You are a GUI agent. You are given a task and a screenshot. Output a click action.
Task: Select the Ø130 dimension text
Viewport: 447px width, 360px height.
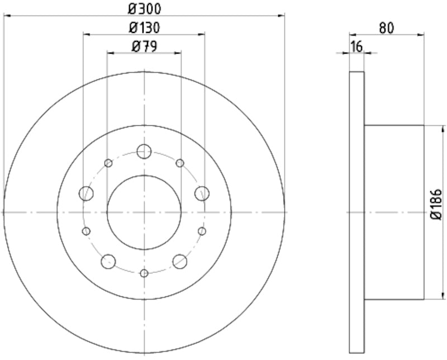coord(144,27)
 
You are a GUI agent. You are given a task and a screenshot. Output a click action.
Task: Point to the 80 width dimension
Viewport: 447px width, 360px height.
coord(387,27)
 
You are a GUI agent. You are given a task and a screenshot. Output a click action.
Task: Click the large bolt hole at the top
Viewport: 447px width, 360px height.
coord(144,151)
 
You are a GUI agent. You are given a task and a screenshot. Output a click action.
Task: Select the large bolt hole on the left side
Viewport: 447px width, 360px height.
coord(86,193)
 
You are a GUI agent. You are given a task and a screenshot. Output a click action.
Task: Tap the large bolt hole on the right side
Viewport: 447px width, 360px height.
coord(202,193)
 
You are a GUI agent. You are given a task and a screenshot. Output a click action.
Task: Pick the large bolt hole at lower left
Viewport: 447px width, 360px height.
coord(108,261)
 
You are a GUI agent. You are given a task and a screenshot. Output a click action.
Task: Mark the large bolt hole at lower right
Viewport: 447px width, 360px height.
coord(180,261)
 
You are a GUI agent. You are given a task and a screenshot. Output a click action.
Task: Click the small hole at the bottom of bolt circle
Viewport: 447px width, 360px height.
coord(144,273)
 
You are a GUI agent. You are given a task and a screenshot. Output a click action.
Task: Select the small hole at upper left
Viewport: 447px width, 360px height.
coord(108,163)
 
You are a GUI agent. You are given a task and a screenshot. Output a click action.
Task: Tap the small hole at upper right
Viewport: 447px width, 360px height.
coord(179,163)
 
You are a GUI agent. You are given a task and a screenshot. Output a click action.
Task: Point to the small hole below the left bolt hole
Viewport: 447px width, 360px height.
coord(86,231)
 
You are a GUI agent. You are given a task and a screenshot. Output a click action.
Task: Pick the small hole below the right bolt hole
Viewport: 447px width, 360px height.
coord(202,231)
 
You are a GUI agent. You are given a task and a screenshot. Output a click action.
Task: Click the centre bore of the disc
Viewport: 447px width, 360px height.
coord(144,212)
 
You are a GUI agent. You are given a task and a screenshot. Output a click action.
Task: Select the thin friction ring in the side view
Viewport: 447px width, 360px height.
coord(356,212)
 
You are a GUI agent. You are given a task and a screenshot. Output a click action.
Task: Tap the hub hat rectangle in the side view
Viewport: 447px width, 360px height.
coord(394,212)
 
